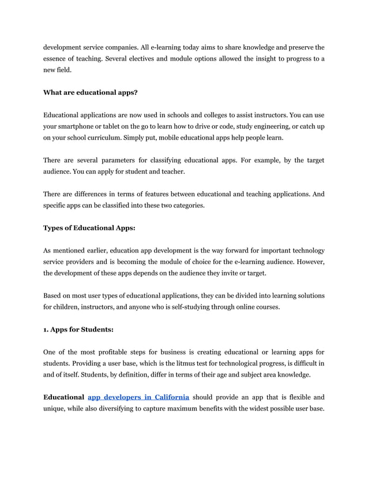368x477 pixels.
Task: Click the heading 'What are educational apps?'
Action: (91, 92)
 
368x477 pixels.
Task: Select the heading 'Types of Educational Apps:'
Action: (89, 228)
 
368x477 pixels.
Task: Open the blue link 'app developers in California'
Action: (138, 397)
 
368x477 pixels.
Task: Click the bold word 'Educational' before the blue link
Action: (63, 397)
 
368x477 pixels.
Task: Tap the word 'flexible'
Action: (293, 397)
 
